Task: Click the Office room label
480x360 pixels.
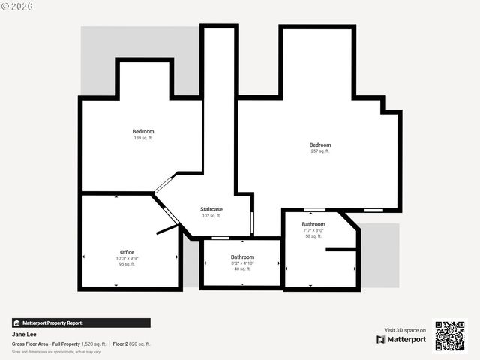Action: tap(127, 252)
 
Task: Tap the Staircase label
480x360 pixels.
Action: tap(211, 209)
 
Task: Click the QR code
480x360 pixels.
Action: tap(450, 336)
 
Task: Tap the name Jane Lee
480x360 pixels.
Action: tap(24, 334)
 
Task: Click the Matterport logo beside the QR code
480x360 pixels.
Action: tap(401, 339)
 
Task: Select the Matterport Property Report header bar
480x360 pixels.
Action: tap(81, 322)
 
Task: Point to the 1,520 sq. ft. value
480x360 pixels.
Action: tap(94, 343)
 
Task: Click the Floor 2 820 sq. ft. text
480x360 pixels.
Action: tap(132, 343)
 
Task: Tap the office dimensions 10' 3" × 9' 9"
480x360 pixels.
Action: tap(127, 258)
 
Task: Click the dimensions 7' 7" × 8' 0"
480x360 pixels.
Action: tap(313, 230)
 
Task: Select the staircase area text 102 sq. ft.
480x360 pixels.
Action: tap(211, 216)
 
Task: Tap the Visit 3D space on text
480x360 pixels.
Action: tap(405, 330)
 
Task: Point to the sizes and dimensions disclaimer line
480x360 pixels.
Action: tap(56, 351)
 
